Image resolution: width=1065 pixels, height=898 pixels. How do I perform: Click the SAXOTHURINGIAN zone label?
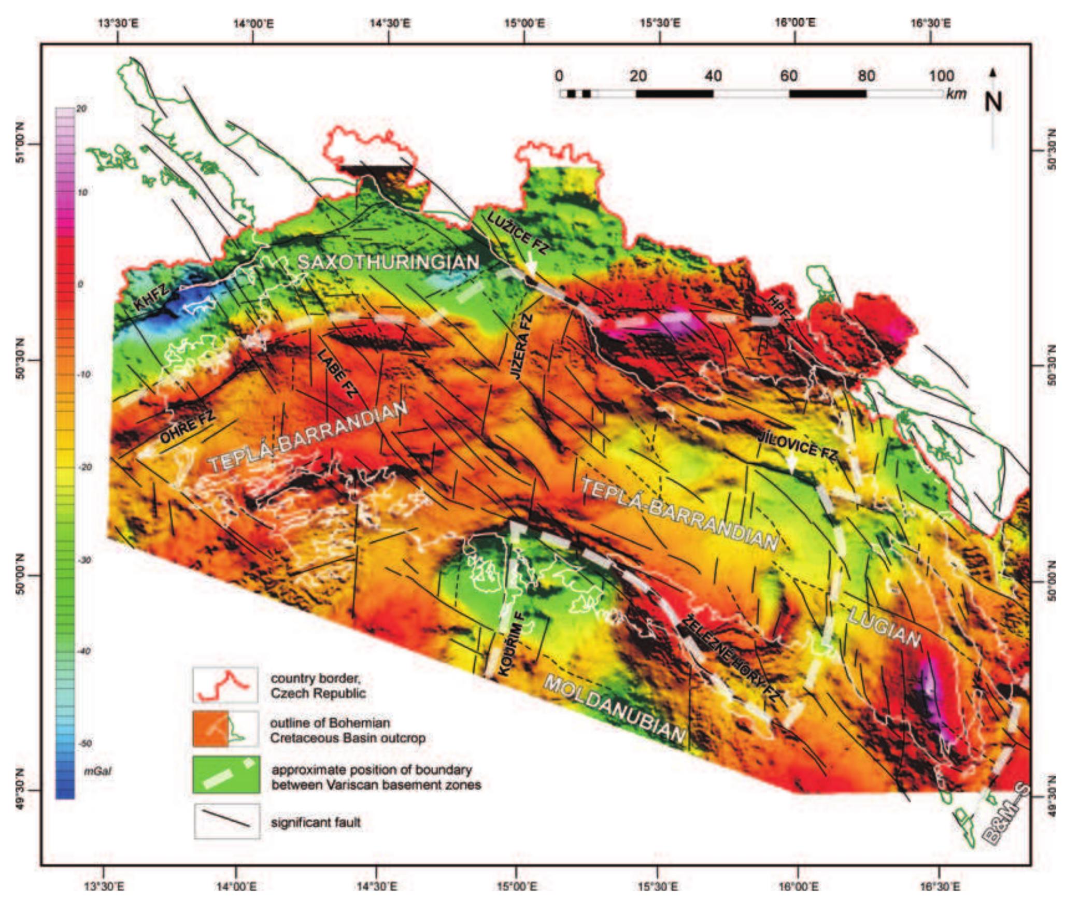click(388, 263)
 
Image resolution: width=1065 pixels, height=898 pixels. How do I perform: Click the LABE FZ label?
click(337, 380)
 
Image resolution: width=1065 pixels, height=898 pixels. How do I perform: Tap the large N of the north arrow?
click(993, 102)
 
